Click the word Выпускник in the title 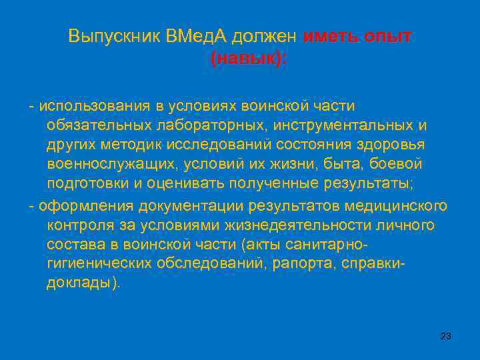(109, 37)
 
